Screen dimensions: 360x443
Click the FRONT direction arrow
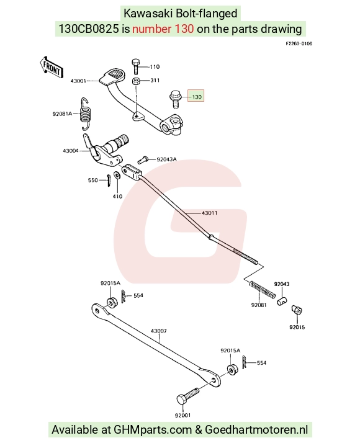click(51, 67)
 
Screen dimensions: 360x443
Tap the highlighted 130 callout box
click(196, 97)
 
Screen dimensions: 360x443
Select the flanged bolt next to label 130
click(175, 99)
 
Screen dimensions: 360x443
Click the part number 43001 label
click(78, 81)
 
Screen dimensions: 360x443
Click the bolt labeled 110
click(136, 66)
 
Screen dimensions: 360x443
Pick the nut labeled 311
click(136, 81)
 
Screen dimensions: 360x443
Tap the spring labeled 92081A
click(86, 114)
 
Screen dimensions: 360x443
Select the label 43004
click(71, 151)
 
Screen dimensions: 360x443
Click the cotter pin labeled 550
click(109, 181)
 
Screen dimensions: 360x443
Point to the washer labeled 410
click(117, 176)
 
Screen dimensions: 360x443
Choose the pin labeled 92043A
click(143, 159)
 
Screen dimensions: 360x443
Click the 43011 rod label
click(210, 213)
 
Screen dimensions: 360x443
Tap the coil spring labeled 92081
click(262, 289)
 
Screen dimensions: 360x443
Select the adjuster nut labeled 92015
click(297, 310)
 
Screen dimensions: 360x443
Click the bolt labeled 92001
click(187, 396)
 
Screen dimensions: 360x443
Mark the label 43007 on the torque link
click(159, 331)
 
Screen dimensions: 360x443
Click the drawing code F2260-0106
click(299, 43)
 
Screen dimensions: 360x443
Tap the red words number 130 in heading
click(163, 29)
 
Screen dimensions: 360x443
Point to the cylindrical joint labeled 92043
click(281, 301)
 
